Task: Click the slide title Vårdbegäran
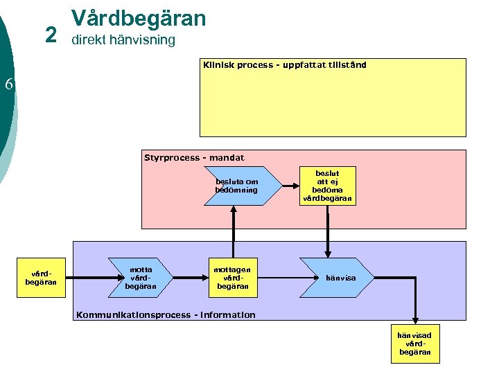[139, 17]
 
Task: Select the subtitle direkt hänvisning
[123, 40]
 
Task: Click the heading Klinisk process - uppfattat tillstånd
[284, 65]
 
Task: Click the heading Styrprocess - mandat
[194, 158]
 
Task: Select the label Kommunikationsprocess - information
[166, 315]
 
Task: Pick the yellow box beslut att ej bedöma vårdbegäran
[327, 186]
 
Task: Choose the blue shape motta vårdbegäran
[139, 278]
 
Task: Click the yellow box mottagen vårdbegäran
[233, 278]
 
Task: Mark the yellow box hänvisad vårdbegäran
[414, 344]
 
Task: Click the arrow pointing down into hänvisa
[328, 232]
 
